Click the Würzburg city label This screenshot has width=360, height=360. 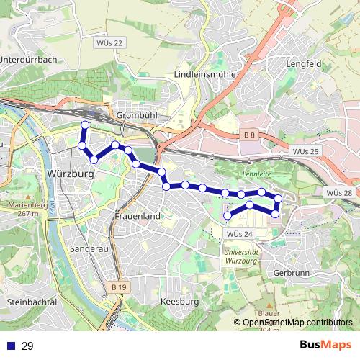(x=71, y=174)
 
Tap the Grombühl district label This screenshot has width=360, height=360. (x=132, y=115)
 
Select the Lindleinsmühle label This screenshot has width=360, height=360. (x=205, y=74)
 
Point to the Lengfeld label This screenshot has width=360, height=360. (x=282, y=63)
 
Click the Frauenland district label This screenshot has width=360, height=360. (x=137, y=215)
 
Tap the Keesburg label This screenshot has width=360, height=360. (x=179, y=301)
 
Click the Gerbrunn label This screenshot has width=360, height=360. (x=292, y=273)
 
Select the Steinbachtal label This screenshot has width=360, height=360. (x=31, y=302)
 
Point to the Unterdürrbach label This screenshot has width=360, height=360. (x=28, y=59)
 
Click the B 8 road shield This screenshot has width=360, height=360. (x=249, y=135)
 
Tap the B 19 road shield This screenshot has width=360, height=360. (x=120, y=287)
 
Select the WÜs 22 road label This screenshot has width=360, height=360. (x=109, y=43)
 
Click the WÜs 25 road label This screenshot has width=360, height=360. (x=306, y=151)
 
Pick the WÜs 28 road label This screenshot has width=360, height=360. (x=338, y=193)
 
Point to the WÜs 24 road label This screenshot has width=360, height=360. (x=239, y=234)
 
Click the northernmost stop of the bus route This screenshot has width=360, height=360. (x=85, y=125)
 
